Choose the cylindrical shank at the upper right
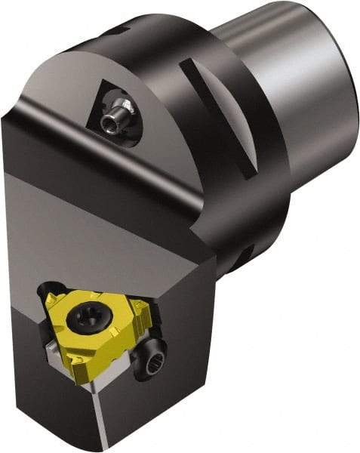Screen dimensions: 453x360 tap(302, 83)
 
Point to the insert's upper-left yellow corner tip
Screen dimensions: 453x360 tap(51, 290)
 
